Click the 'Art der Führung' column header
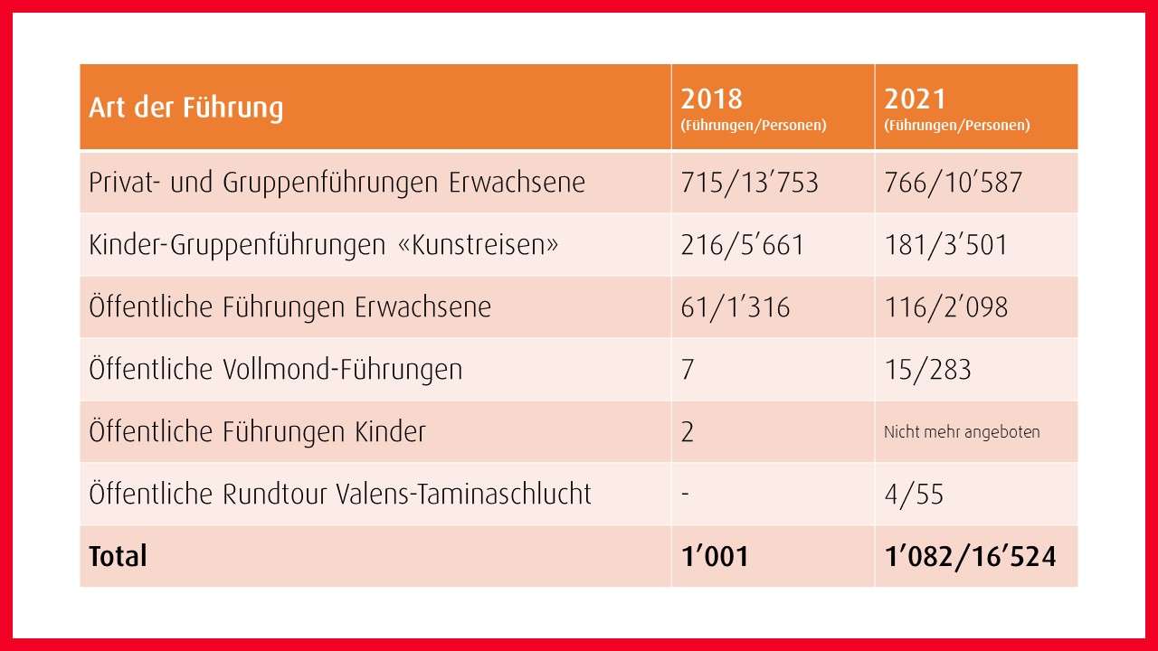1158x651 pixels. point(186,108)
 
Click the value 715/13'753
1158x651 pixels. point(749,183)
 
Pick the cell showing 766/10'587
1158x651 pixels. point(953,183)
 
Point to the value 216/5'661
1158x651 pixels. point(742,245)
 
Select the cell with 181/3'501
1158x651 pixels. point(945,245)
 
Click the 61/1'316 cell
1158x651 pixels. point(736,307)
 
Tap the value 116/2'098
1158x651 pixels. point(945,307)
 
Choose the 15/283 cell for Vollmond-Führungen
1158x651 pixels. point(927,370)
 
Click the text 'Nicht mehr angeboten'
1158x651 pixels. point(962,432)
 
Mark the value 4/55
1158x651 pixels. point(914,495)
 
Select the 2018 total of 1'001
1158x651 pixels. point(715,556)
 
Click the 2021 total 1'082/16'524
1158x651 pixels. point(970,556)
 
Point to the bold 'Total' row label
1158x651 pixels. point(118,556)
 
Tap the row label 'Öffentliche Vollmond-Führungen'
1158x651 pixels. point(276,370)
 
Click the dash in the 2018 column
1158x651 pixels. point(685,495)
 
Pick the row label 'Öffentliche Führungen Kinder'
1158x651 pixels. point(258,432)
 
